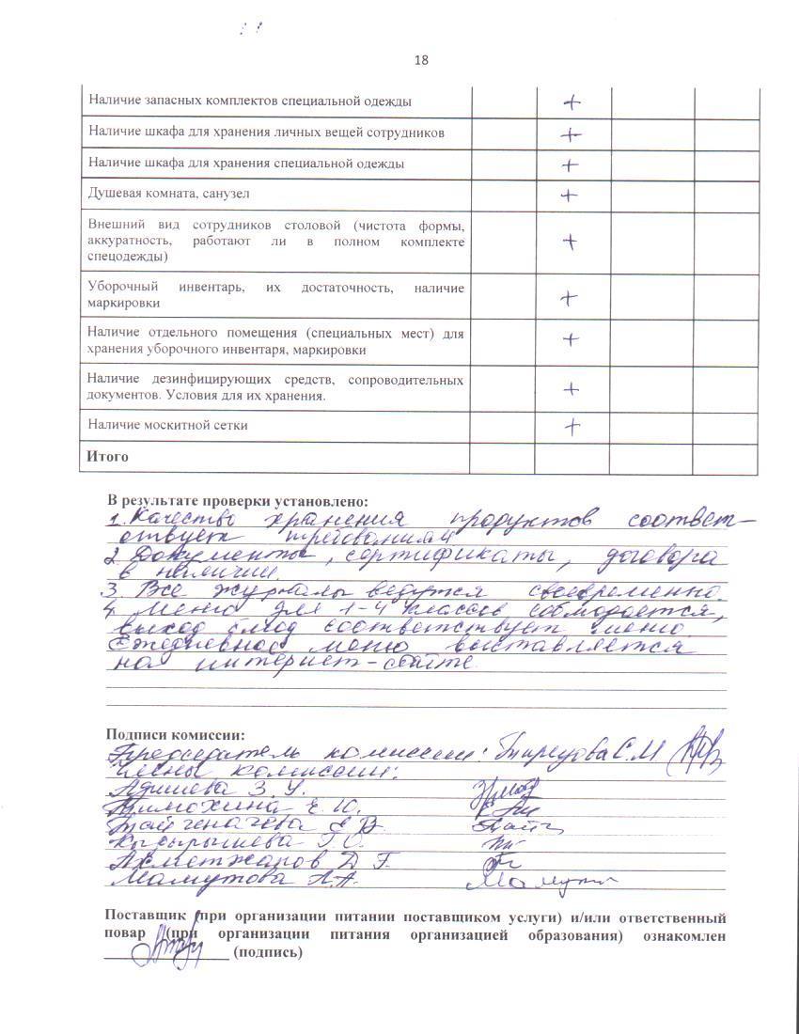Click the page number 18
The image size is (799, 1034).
click(x=420, y=60)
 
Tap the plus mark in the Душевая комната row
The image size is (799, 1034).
click(x=569, y=196)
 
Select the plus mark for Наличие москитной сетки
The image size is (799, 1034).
click(x=572, y=427)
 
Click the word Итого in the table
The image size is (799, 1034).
click(x=107, y=457)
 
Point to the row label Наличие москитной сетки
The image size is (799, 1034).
click(x=168, y=425)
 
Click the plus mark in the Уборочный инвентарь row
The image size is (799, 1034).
click(x=568, y=299)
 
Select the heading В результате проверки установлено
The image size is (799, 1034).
click(x=238, y=501)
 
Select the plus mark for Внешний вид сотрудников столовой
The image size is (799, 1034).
click(x=569, y=242)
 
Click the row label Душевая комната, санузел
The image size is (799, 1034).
click(x=169, y=194)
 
